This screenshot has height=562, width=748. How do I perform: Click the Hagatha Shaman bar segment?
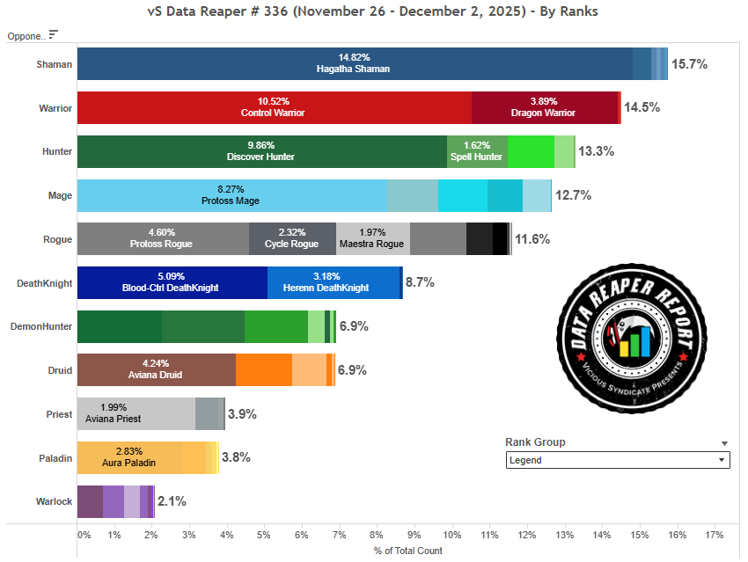[355, 63]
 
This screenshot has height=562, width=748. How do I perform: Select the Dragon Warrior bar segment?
[543, 107]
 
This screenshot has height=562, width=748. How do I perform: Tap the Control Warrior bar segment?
[274, 107]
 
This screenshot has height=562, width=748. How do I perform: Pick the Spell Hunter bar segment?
[477, 151]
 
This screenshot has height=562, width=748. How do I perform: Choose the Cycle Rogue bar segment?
[292, 238]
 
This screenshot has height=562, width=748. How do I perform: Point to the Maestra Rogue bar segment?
[372, 238]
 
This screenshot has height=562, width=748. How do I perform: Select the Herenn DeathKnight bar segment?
[334, 282]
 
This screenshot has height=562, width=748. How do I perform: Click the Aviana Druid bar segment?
[156, 370]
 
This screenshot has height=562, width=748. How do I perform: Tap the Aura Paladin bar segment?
[129, 457]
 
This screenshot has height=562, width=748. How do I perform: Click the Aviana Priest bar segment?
[136, 413]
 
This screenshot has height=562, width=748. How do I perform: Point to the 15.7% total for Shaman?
[689, 64]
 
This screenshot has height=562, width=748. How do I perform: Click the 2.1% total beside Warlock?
[172, 501]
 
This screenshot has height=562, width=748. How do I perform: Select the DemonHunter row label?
[40, 326]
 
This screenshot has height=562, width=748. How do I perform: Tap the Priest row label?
[59, 414]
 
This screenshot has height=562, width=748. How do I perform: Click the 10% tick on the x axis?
[452, 535]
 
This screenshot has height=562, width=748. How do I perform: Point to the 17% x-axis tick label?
[714, 535]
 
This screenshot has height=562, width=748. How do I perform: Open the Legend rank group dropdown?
[618, 460]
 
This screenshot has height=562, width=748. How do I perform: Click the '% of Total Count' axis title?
[407, 551]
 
